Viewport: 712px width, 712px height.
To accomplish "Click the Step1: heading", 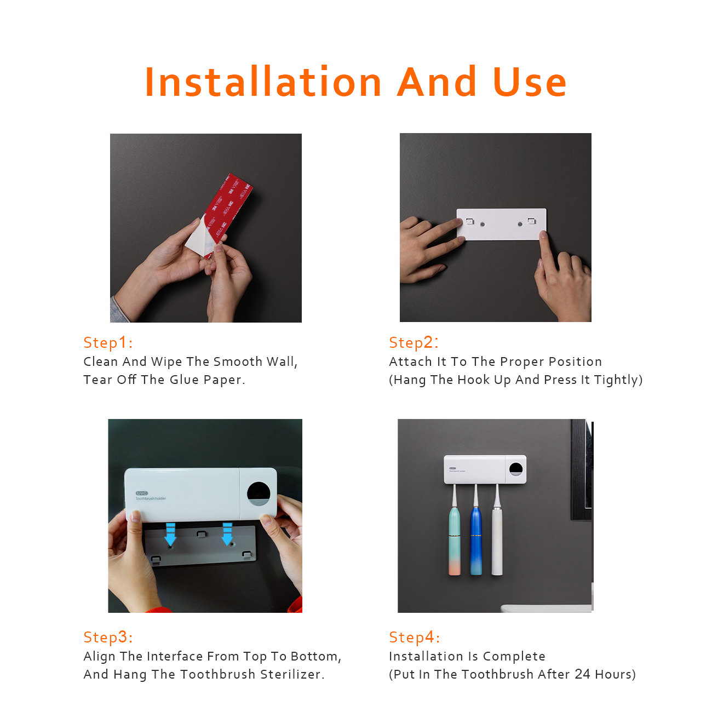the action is tap(108, 342).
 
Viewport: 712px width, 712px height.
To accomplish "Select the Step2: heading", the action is tap(414, 342).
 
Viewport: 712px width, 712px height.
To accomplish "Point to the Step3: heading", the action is tap(108, 637).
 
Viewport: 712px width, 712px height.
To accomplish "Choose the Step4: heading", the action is tap(414, 637).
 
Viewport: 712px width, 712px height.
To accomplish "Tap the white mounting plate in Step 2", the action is tap(501, 224).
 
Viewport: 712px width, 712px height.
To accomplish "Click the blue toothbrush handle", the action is tap(476, 541).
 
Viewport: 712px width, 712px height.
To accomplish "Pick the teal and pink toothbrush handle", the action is tap(455, 541).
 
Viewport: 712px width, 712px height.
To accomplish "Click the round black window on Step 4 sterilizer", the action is tap(516, 469).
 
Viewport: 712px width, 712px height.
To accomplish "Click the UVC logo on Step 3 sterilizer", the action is tap(141, 493).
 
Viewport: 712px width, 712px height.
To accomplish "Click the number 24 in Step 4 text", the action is tap(583, 674).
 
